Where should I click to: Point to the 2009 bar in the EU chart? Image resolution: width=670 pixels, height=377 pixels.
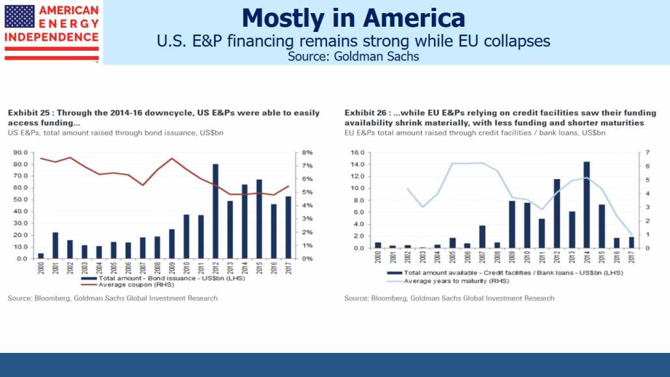point(512,224)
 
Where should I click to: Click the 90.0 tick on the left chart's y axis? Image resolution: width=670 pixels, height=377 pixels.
point(20,152)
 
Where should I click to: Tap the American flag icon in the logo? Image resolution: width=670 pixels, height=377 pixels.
point(19,16)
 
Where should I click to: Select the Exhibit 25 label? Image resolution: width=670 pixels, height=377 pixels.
point(29,113)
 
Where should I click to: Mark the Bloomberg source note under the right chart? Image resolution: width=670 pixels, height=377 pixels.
point(449,298)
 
